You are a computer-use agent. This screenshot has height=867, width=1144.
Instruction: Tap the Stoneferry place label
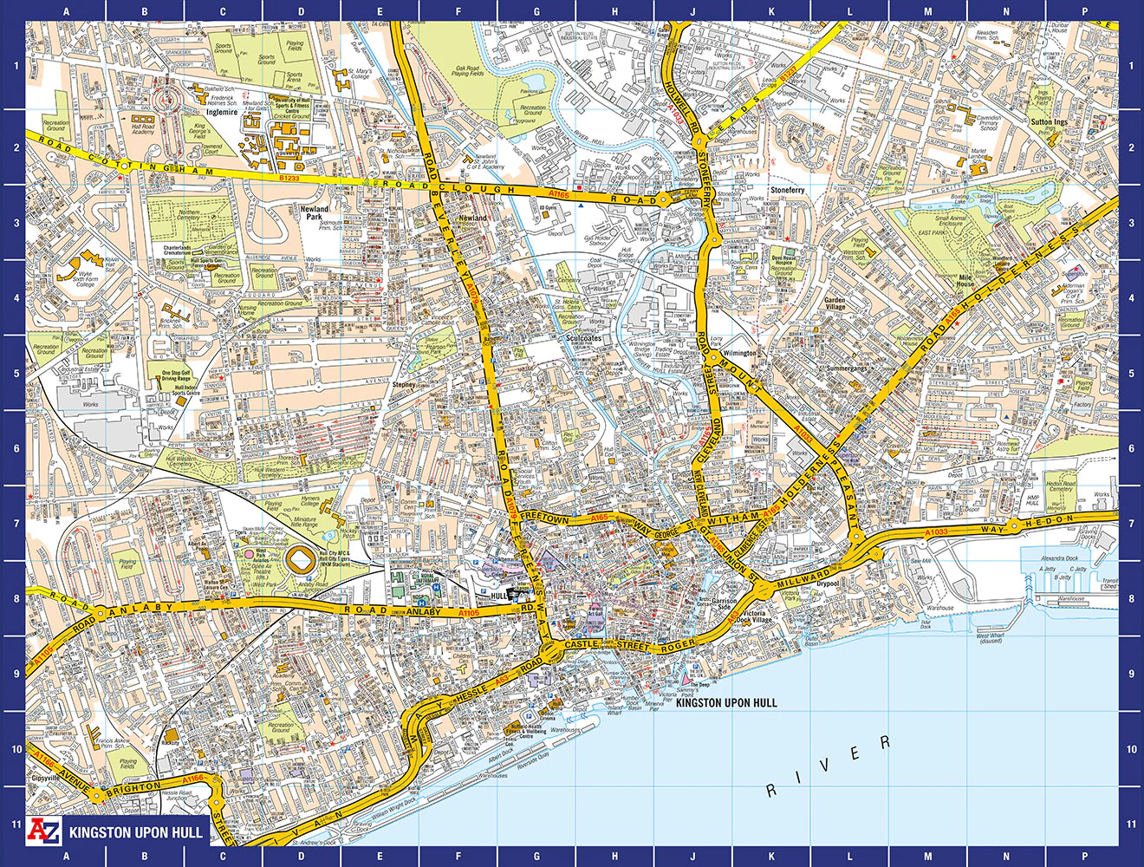click(x=787, y=190)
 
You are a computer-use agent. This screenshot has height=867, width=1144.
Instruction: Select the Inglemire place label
click(x=222, y=112)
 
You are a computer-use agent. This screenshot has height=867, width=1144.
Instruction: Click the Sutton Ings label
click(x=1049, y=122)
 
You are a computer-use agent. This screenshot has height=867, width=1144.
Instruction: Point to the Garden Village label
click(x=835, y=303)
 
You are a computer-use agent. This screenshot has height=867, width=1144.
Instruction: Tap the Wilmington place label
click(x=739, y=353)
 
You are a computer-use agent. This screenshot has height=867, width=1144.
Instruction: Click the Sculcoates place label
click(x=583, y=339)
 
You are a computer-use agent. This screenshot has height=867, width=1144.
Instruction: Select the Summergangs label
click(x=846, y=368)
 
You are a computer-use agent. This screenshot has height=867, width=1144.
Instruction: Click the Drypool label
click(x=828, y=583)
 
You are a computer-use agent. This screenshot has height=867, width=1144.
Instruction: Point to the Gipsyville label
click(x=46, y=778)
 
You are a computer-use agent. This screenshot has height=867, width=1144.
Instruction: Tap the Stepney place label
click(x=404, y=384)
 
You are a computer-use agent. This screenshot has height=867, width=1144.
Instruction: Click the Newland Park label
click(x=315, y=212)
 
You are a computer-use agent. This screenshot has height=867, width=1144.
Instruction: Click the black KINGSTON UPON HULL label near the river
click(x=726, y=703)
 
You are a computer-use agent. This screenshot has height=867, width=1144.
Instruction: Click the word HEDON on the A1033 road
click(x=1050, y=522)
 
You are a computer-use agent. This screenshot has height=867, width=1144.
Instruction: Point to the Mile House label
click(x=965, y=280)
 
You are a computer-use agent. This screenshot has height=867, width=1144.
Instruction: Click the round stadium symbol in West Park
click(x=302, y=560)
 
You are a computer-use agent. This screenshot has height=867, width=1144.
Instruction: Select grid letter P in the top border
click(x=1084, y=11)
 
